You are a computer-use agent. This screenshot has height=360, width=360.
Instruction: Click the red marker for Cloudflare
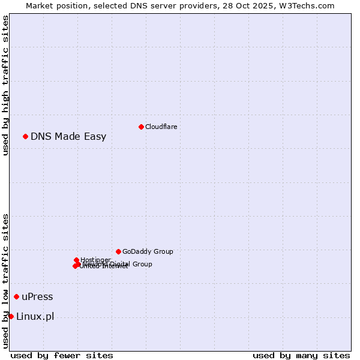coord(141,127)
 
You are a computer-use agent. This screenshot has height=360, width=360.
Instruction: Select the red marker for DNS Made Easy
coord(25,136)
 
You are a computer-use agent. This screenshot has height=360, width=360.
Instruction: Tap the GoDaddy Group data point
coord(118,251)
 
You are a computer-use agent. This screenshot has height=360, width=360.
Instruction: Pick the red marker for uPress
coord(16,296)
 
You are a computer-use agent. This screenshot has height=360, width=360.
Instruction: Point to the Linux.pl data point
coord(11,316)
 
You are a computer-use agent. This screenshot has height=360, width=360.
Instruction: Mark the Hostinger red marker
coord(76,260)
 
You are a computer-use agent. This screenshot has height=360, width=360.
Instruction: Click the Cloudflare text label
coord(161,127)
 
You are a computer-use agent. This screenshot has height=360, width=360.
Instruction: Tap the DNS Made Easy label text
coord(68,136)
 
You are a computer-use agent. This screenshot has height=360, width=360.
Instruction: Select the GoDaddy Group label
coord(148,251)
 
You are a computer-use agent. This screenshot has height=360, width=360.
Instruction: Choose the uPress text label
coord(37,296)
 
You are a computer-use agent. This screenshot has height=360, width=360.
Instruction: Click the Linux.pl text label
coord(35,316)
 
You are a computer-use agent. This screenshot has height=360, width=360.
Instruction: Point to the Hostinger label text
coord(95,260)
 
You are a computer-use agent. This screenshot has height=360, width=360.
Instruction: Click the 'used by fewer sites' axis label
coord(62,355)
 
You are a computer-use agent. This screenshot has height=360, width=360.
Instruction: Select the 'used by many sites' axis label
coord(301,355)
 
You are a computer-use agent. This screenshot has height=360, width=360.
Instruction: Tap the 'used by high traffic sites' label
coord(5,85)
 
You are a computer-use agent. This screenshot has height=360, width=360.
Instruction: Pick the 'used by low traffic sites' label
coord(5,281)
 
